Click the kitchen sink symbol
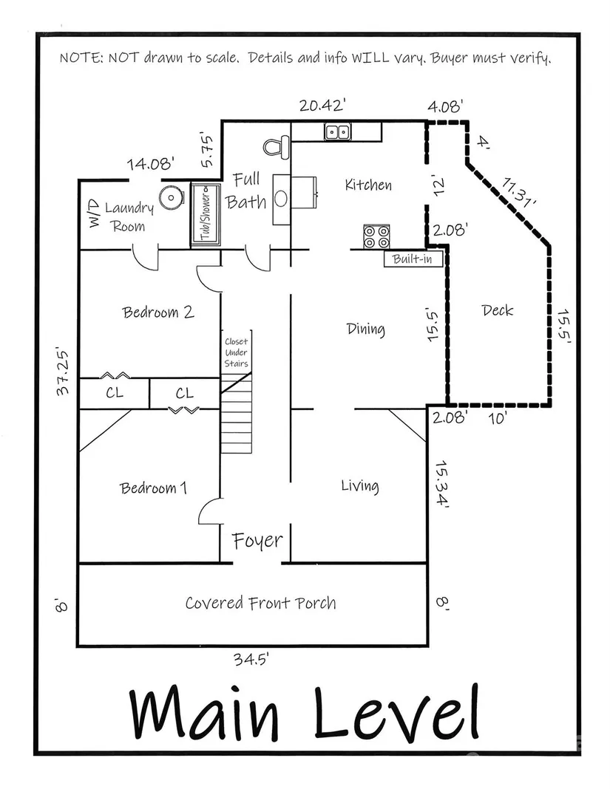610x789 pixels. [338, 132]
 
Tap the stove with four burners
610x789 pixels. [376, 236]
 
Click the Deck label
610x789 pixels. [497, 310]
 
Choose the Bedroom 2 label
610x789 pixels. [158, 312]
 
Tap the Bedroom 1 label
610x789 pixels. [154, 488]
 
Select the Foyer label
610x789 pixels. [257, 541]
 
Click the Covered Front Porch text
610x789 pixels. [260, 603]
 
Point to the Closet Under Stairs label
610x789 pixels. [237, 352]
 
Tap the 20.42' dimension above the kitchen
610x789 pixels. [323, 105]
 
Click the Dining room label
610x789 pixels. [365, 329]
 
